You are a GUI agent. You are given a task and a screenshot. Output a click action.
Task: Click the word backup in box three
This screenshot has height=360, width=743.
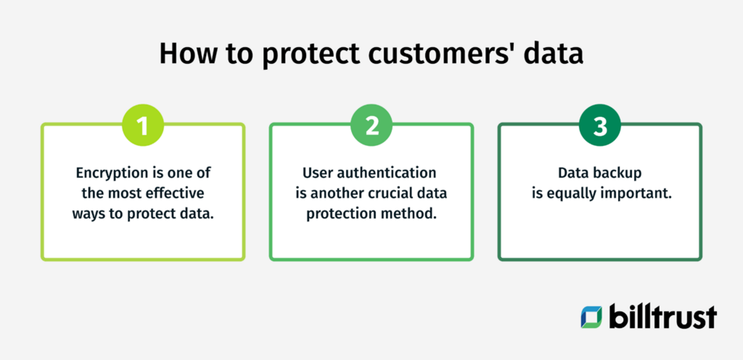pos(620,173)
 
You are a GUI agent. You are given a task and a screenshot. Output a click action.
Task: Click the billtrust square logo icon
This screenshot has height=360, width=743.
pos(591,316)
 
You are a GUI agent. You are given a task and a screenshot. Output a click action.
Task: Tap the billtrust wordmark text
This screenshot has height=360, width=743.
pos(662,316)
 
